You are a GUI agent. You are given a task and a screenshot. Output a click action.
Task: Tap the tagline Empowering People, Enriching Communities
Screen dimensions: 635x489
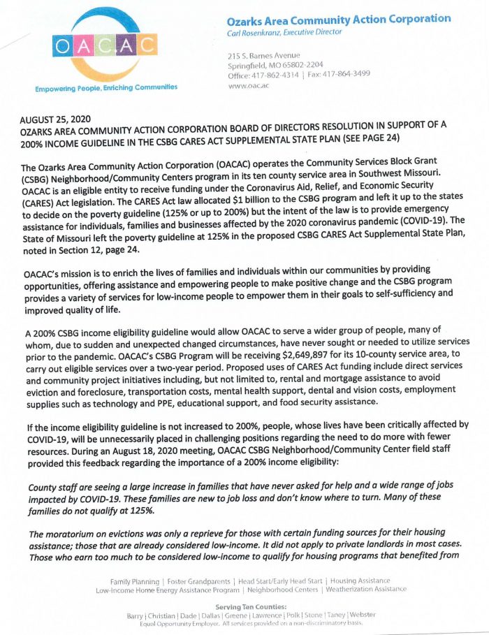[x=107, y=87]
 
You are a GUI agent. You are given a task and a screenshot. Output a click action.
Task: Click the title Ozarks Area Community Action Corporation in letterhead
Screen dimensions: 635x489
[x=339, y=19]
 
